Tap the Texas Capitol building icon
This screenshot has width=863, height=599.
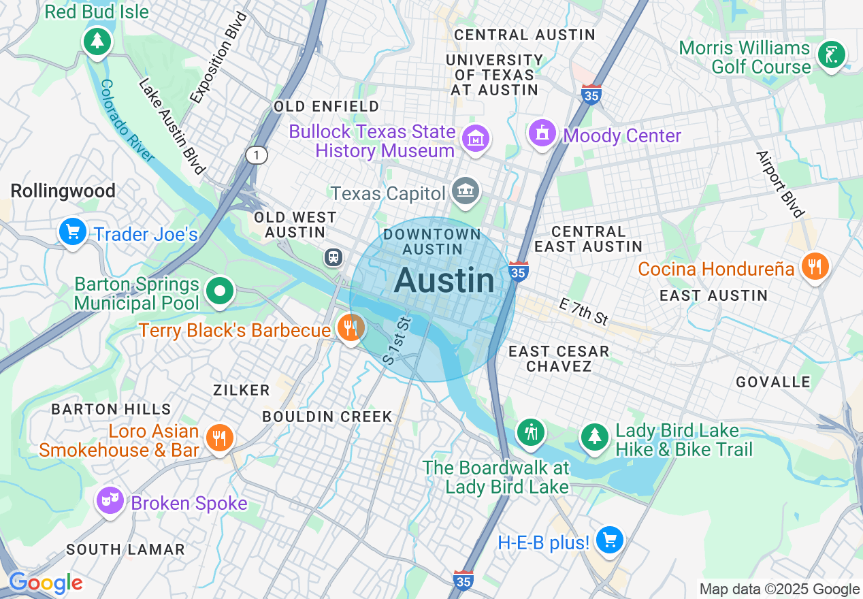click(x=466, y=191)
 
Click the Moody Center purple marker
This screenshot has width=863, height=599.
click(x=542, y=132)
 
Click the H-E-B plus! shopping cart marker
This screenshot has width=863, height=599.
click(x=609, y=540)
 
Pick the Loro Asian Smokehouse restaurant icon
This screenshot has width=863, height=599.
click(x=219, y=438)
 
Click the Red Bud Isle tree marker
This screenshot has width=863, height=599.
click(x=97, y=42)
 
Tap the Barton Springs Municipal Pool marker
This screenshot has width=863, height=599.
click(x=220, y=292)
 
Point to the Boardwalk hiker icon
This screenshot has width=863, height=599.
click(x=530, y=432)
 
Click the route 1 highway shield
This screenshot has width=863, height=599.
click(x=257, y=155)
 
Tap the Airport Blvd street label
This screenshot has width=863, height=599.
click(x=780, y=184)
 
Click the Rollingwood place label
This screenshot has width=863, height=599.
click(x=63, y=191)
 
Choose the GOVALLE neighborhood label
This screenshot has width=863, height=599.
click(x=772, y=382)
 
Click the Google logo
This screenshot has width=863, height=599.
click(x=46, y=583)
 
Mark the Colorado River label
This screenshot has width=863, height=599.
click(x=126, y=120)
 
